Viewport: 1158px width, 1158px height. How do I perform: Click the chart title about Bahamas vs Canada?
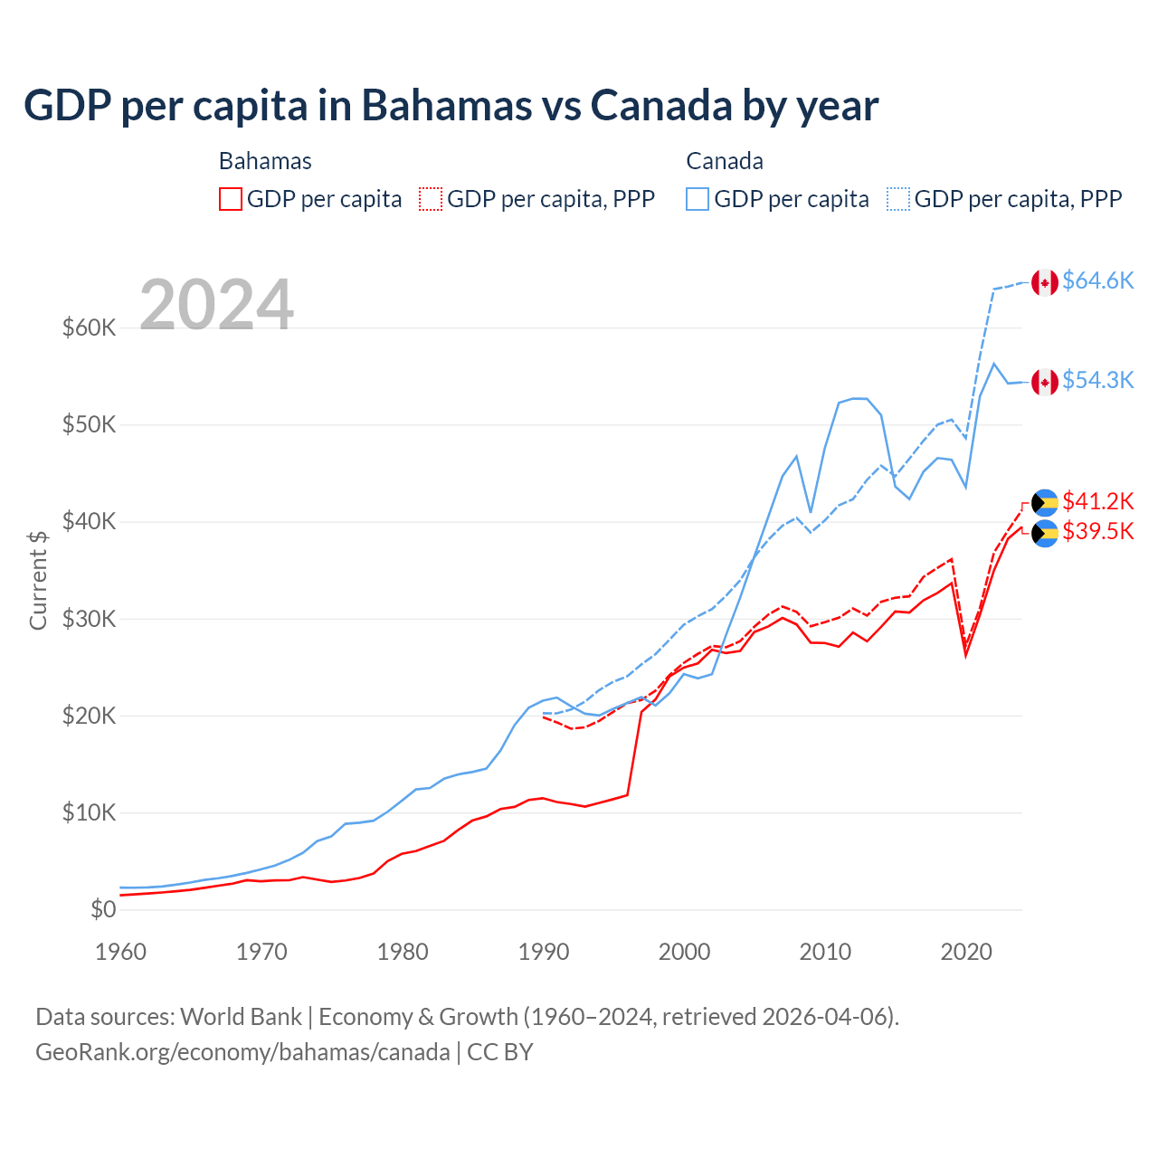click(451, 106)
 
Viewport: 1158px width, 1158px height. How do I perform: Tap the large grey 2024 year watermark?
click(216, 305)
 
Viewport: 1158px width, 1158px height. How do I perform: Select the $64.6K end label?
click(1097, 281)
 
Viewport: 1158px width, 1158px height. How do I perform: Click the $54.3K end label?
click(1097, 381)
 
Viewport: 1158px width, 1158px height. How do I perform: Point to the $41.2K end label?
click(1097, 501)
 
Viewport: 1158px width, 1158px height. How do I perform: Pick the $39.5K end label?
click(1097, 531)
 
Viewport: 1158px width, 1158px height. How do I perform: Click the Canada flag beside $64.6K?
click(1045, 282)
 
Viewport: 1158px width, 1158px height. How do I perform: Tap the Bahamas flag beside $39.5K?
click(1045, 534)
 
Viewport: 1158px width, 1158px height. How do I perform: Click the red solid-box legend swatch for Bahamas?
click(231, 199)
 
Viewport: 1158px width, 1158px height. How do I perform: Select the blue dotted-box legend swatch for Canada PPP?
click(898, 199)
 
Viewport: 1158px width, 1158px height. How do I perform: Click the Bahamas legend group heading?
click(265, 161)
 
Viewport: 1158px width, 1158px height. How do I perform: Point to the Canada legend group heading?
click(725, 161)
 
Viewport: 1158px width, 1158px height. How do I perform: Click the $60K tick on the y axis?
click(89, 327)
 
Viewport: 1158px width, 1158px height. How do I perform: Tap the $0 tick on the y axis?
click(103, 909)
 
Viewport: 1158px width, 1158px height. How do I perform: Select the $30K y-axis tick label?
click(89, 619)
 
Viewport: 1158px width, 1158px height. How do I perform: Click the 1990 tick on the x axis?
click(544, 952)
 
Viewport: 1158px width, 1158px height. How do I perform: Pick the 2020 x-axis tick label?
click(966, 952)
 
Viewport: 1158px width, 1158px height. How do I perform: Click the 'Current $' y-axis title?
click(38, 580)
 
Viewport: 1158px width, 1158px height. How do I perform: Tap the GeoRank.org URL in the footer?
click(242, 1052)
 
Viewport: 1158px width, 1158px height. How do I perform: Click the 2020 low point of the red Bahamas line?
click(966, 654)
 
